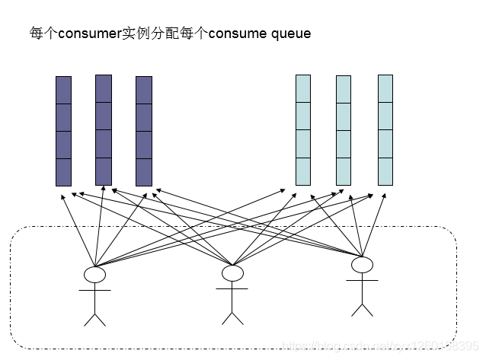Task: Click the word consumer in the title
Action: pyautogui.click(x=90, y=34)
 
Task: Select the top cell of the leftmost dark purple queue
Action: pyautogui.click(x=63, y=90)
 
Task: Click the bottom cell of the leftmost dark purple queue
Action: pyautogui.click(x=63, y=172)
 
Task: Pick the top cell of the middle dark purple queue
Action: pyautogui.click(x=104, y=88)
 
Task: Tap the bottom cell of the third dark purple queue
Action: pyautogui.click(x=144, y=172)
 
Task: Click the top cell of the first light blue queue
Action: pyautogui.click(x=303, y=88)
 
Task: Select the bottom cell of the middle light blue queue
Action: pyautogui.click(x=344, y=171)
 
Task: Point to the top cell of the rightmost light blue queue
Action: pyautogui.click(x=385, y=88)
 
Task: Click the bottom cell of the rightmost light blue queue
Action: pyautogui.click(x=385, y=171)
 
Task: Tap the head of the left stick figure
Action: pyautogui.click(x=94, y=274)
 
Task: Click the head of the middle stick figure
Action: pyautogui.click(x=232, y=272)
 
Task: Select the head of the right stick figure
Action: pyautogui.click(x=362, y=265)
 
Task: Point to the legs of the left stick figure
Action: pyautogui.click(x=94, y=316)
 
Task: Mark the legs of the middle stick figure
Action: pyautogui.click(x=232, y=314)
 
